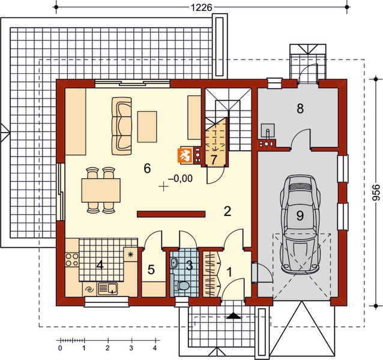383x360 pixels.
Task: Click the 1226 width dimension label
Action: tap(201, 8)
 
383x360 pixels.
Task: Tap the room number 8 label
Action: tap(300, 109)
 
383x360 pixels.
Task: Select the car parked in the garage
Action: tap(300, 224)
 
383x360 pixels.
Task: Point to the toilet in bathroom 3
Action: tap(181, 286)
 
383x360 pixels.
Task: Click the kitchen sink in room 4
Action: tap(107, 289)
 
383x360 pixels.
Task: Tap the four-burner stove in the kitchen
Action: tap(72, 259)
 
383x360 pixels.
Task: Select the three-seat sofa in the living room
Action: tap(122, 126)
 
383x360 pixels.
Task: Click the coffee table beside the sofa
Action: tap(147, 127)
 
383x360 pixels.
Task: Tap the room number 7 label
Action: tap(214, 160)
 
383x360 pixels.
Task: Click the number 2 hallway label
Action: tap(228, 211)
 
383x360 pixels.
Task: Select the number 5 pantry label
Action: tap(151, 269)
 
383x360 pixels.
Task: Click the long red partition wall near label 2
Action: tap(171, 214)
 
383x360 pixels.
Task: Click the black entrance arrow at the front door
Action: tap(234, 316)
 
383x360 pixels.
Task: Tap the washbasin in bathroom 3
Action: tap(175, 262)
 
